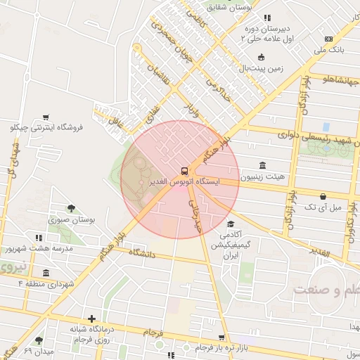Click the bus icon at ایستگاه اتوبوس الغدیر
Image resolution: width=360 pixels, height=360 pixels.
click(x=184, y=170)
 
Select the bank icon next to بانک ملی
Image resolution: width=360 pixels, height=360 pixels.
click(x=328, y=39)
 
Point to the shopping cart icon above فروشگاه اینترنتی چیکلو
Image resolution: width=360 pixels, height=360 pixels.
click(x=46, y=117)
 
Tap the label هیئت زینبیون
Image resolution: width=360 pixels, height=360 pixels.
click(x=262, y=176)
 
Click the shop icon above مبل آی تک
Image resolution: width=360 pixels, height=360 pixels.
click(x=323, y=196)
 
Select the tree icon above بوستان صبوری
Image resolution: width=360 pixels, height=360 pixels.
click(x=71, y=207)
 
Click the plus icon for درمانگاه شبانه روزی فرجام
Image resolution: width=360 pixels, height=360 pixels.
click(x=91, y=318)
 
